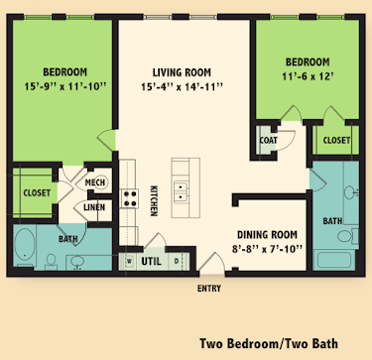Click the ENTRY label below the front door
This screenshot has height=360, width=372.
(x=209, y=289)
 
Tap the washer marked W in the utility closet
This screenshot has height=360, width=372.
(x=130, y=261)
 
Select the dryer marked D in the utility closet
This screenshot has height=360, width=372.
(x=177, y=261)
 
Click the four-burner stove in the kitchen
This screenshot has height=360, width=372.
(x=129, y=198)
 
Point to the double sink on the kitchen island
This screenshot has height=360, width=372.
(x=181, y=192)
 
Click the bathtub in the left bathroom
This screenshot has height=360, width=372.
(x=25, y=245)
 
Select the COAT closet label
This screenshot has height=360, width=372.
(x=269, y=141)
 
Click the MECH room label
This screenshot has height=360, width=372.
(x=95, y=182)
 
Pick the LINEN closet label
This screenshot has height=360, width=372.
(x=94, y=207)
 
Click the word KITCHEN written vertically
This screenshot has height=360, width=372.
(x=154, y=200)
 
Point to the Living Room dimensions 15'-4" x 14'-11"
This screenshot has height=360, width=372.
(x=182, y=87)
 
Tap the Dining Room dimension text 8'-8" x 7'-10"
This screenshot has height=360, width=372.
(x=267, y=249)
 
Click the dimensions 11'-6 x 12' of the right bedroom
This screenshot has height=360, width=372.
(x=308, y=76)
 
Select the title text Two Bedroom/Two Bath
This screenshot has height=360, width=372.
(x=269, y=343)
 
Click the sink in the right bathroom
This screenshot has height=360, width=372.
(x=350, y=191)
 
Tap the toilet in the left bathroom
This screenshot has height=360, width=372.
(x=52, y=261)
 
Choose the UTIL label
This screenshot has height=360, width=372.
(x=152, y=262)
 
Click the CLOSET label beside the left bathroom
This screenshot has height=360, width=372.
(x=37, y=193)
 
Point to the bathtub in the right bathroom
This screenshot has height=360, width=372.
(x=334, y=260)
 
